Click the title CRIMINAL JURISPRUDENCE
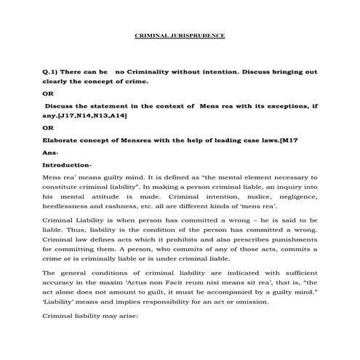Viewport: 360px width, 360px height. [x=181, y=35]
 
